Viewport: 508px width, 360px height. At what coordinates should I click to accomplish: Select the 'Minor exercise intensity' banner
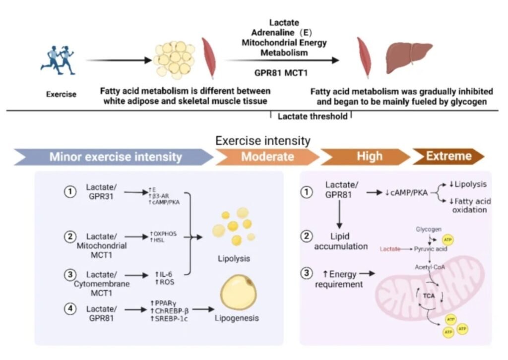click(x=115, y=157)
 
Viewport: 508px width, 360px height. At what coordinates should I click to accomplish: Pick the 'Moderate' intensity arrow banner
click(x=267, y=157)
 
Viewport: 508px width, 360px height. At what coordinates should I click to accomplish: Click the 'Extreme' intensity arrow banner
click(x=448, y=157)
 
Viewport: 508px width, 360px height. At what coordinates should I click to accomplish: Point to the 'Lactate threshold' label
click(x=312, y=117)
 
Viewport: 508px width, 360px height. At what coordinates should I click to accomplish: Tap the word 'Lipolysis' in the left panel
click(x=234, y=258)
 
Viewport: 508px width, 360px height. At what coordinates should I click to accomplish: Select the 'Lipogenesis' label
click(x=237, y=318)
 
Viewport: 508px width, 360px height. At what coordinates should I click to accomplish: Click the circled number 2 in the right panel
click(x=307, y=236)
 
